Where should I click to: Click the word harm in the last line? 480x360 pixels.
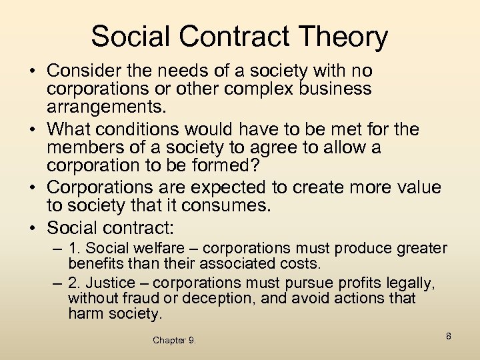coord(85,313)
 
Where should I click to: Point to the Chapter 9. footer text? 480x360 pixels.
coord(174,340)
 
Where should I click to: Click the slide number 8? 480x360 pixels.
coord(449,336)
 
